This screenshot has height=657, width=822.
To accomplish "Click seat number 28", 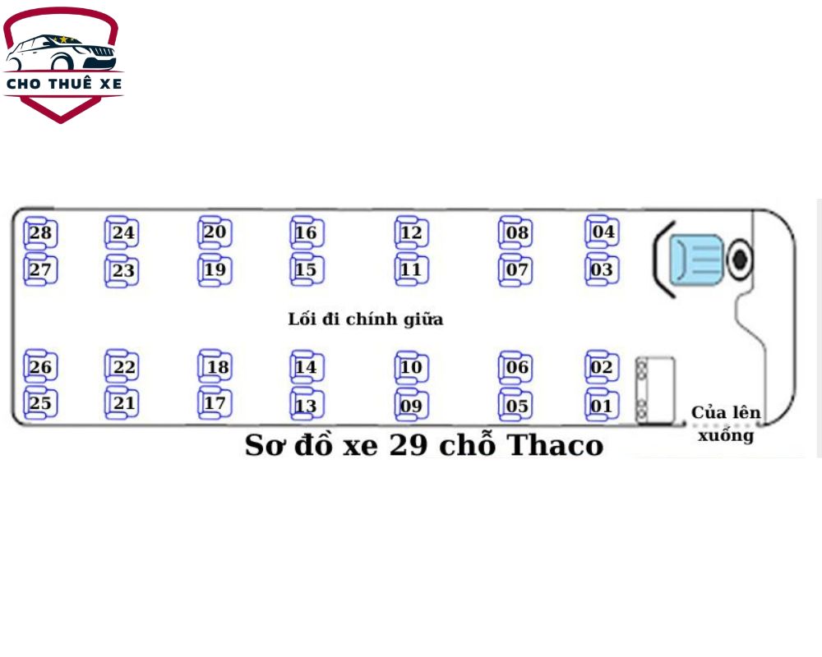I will (39, 233).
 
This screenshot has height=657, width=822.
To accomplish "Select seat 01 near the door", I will (602, 406).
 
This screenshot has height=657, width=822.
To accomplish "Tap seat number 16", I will (306, 233).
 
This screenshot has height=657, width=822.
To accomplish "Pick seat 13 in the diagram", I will (306, 406).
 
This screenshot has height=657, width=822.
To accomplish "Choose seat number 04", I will (603, 232).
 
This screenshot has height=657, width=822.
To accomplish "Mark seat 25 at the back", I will (39, 403).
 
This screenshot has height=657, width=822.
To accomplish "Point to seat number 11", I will (411, 269).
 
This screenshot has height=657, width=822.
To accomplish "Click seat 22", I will (123, 367).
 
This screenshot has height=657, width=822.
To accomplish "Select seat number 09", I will (411, 406).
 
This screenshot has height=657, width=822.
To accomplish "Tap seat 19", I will (215, 269).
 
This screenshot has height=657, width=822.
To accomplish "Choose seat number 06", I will (516, 367).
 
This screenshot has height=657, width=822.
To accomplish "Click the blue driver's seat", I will (695, 260).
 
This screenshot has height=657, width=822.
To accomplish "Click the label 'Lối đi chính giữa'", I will (365, 319).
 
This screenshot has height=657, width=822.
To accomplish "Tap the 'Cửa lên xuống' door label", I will (726, 424).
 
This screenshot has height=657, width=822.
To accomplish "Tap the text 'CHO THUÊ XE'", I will (63, 84).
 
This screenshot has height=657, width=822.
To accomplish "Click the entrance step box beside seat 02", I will (656, 390).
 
